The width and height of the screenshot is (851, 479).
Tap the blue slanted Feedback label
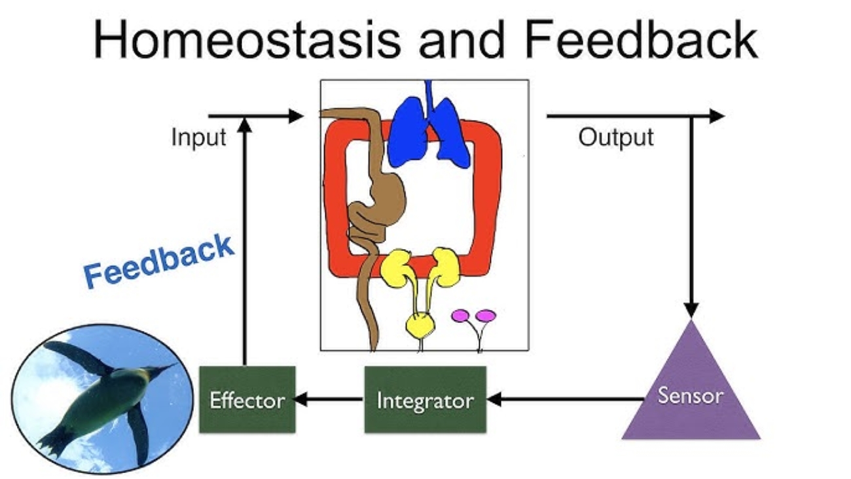point(159,261)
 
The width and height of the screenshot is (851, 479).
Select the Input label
point(198,138)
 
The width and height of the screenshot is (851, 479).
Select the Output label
point(615,138)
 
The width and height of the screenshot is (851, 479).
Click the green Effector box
point(247,399)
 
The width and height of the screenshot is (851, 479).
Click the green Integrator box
point(425,399)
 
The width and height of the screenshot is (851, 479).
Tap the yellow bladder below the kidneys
point(419,323)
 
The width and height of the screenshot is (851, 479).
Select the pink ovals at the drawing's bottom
point(473,316)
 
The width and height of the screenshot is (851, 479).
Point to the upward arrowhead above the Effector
point(244,126)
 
